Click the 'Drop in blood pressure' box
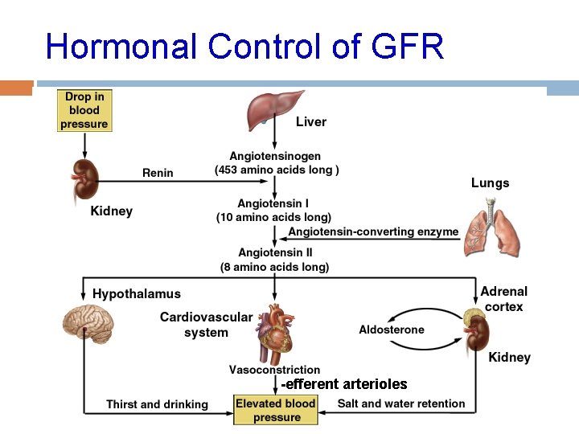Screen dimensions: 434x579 [x=84, y=110]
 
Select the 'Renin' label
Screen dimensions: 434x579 [x=158, y=172]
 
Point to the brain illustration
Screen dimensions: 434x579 [x=89, y=325]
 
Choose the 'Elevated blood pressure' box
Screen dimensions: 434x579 [x=277, y=411]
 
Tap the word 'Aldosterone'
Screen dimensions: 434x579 [x=392, y=330]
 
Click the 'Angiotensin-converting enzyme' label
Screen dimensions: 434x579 [x=373, y=231]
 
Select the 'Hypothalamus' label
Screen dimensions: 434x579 [x=137, y=294]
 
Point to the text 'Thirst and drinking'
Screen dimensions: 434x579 [x=157, y=404]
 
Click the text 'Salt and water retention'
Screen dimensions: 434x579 [x=401, y=403]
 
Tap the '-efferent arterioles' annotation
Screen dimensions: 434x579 [x=344, y=384]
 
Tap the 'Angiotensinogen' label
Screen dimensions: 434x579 [x=275, y=156]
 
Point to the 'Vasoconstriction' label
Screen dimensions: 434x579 [x=274, y=371]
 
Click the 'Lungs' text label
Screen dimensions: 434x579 [x=490, y=183]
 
